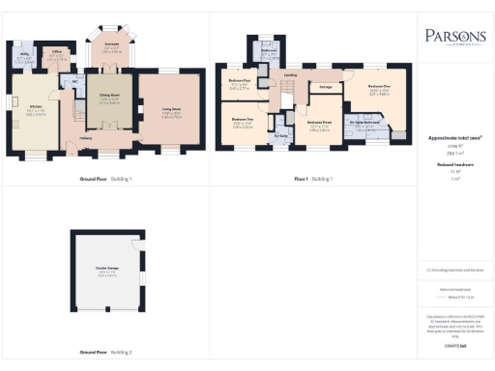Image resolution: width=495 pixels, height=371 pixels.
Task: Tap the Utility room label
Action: point(24,58)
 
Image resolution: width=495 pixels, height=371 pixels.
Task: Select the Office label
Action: point(57,52)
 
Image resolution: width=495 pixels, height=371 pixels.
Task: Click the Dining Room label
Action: point(110,96)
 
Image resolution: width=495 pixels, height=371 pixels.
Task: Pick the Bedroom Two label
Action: point(243,119)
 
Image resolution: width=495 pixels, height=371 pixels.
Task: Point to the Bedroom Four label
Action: point(240,82)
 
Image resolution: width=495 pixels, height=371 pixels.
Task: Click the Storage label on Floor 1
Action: point(326,88)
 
